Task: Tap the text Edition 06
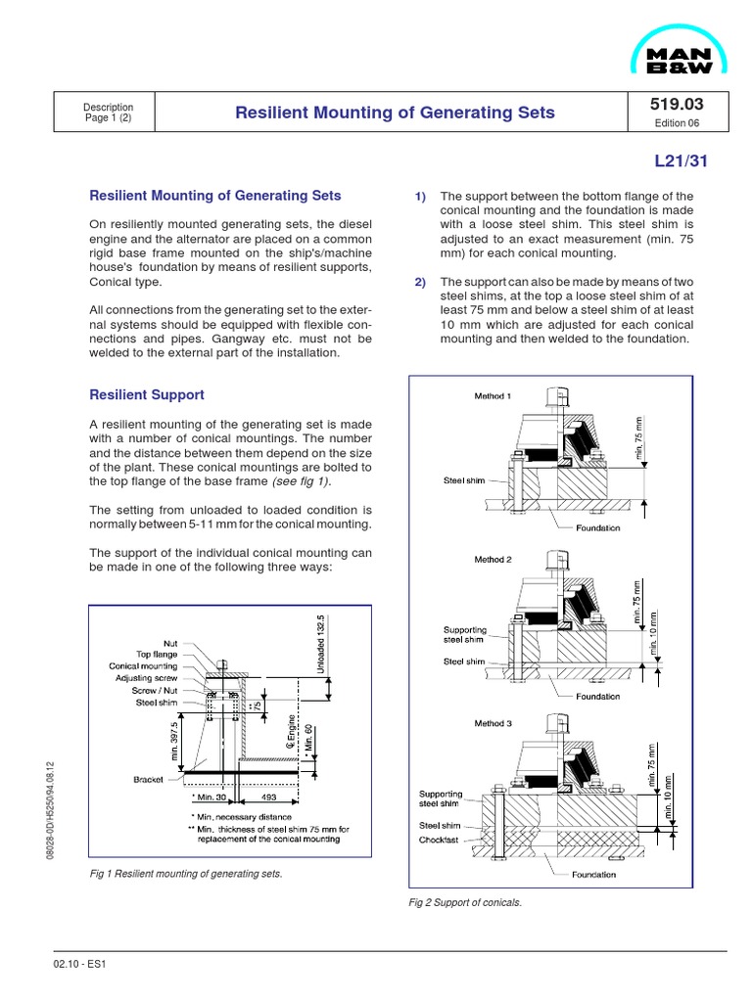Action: [x=676, y=123]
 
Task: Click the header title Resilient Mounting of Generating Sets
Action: [x=395, y=113]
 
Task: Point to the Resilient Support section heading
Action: [x=147, y=394]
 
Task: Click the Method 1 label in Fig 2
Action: [x=493, y=396]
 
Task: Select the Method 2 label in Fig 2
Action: [x=493, y=560]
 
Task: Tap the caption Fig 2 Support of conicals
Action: [x=465, y=902]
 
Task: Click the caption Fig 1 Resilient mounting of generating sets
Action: [x=185, y=873]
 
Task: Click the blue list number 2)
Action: [x=420, y=283]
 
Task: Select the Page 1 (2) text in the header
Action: [x=108, y=118]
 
